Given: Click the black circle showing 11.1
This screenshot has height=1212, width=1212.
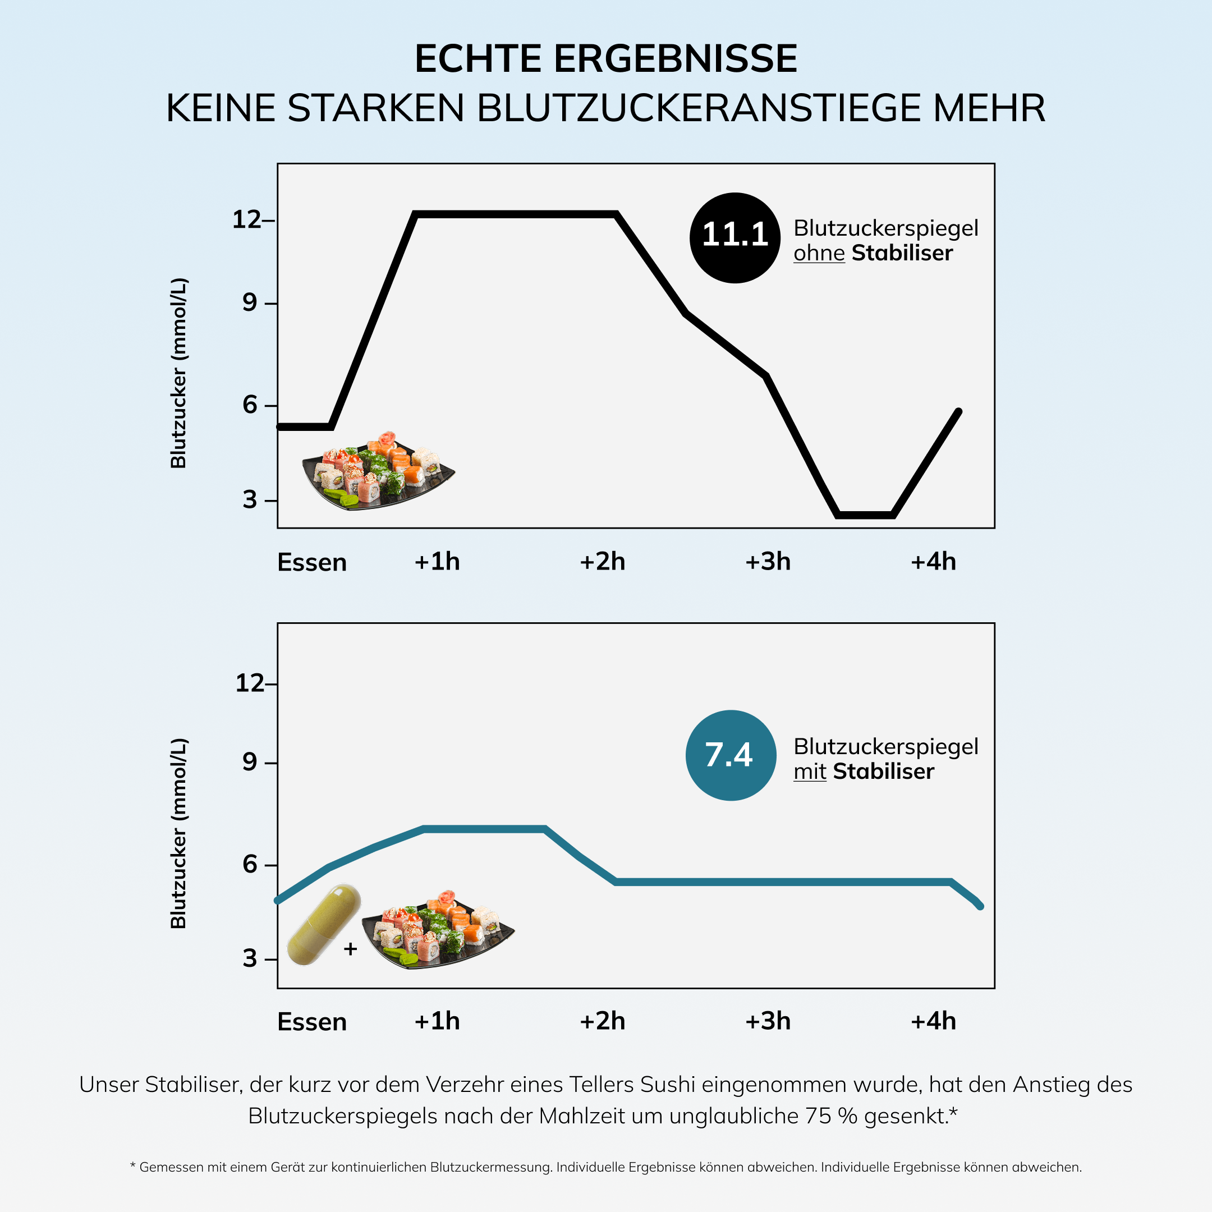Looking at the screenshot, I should point(734,238).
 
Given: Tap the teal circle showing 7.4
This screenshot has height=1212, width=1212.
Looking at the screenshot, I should point(731,755).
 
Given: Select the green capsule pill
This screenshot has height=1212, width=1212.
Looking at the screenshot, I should point(324,924).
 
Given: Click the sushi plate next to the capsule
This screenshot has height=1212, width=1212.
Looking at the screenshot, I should point(438,931).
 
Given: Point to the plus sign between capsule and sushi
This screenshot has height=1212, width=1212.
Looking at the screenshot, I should point(350,948).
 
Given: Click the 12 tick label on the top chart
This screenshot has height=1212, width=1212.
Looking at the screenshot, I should point(246,219).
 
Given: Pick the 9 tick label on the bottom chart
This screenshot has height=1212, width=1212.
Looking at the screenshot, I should point(250,761).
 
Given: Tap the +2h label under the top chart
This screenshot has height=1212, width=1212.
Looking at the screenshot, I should point(602,562).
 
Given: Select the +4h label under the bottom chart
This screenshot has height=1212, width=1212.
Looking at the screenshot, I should point(933,1021).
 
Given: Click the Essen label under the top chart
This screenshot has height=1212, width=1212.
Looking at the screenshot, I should point(312,562).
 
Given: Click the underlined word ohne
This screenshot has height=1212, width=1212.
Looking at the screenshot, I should point(819,253).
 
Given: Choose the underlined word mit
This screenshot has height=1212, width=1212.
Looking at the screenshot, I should point(809,771).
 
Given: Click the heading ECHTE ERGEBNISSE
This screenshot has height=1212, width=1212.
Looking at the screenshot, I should point(605,59).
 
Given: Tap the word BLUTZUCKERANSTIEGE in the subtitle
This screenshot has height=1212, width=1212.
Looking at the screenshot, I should point(698,108).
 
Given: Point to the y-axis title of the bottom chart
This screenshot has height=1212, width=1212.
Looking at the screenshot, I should point(179,833).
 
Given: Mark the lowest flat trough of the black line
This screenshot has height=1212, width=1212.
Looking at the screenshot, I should point(865,515).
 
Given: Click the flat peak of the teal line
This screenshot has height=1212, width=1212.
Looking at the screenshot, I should point(483,829).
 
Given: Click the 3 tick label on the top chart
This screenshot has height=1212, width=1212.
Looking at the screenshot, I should point(250,500).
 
